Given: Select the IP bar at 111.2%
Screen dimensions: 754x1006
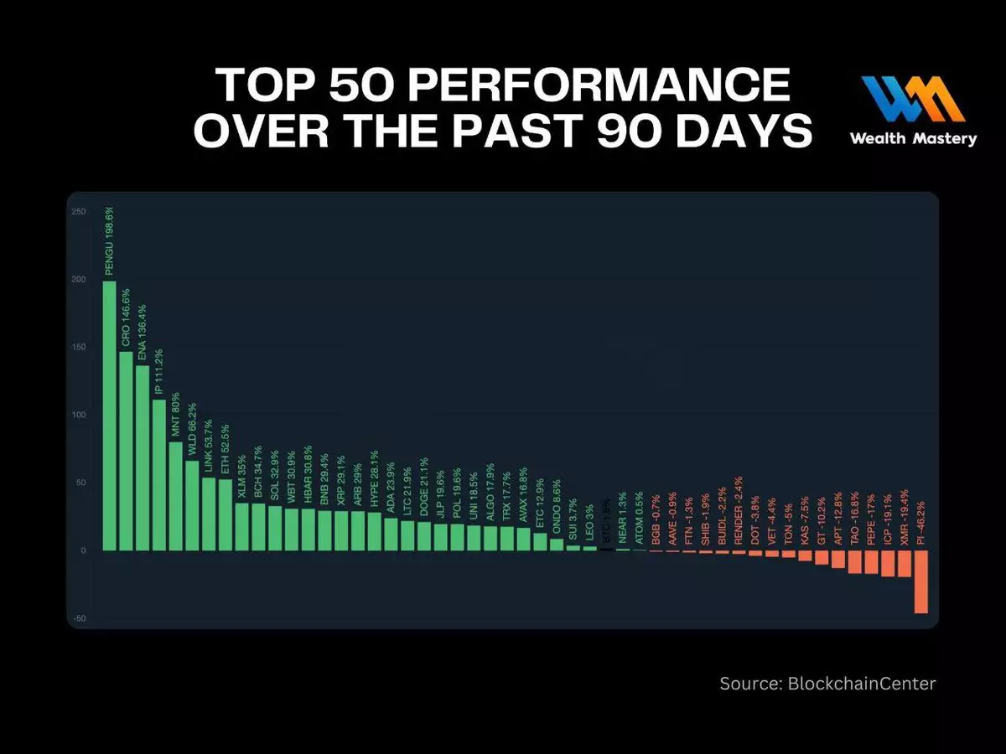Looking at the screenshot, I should point(158,474).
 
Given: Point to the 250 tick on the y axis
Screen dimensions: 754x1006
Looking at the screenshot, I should point(78,212).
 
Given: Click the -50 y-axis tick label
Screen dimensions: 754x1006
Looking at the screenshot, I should point(78,618).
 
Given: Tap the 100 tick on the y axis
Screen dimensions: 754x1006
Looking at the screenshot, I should point(78,415).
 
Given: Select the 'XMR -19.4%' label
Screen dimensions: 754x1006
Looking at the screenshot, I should point(904,517).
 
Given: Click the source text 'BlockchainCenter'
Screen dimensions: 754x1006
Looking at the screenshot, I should point(862,684).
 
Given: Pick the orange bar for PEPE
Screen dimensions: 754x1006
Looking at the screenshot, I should point(871,562).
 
